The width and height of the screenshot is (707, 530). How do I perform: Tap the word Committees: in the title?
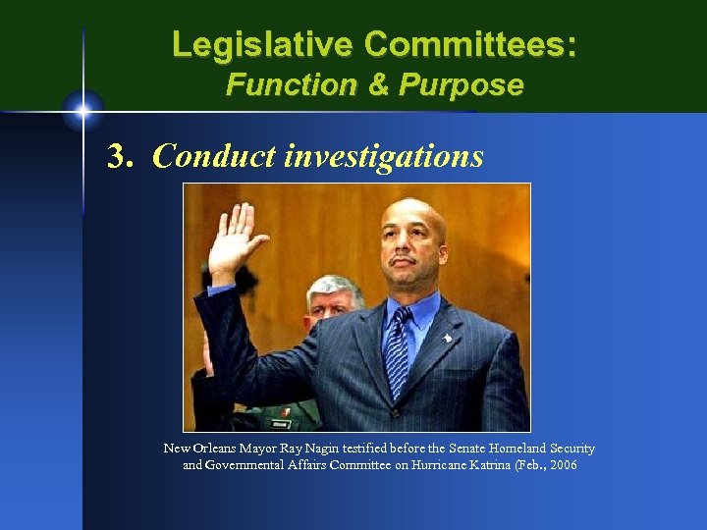click(470, 44)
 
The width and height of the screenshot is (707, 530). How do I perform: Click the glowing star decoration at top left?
click(83, 109)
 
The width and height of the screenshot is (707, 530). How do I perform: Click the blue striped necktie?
click(398, 349)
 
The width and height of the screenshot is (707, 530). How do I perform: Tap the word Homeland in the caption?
click(499, 449)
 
